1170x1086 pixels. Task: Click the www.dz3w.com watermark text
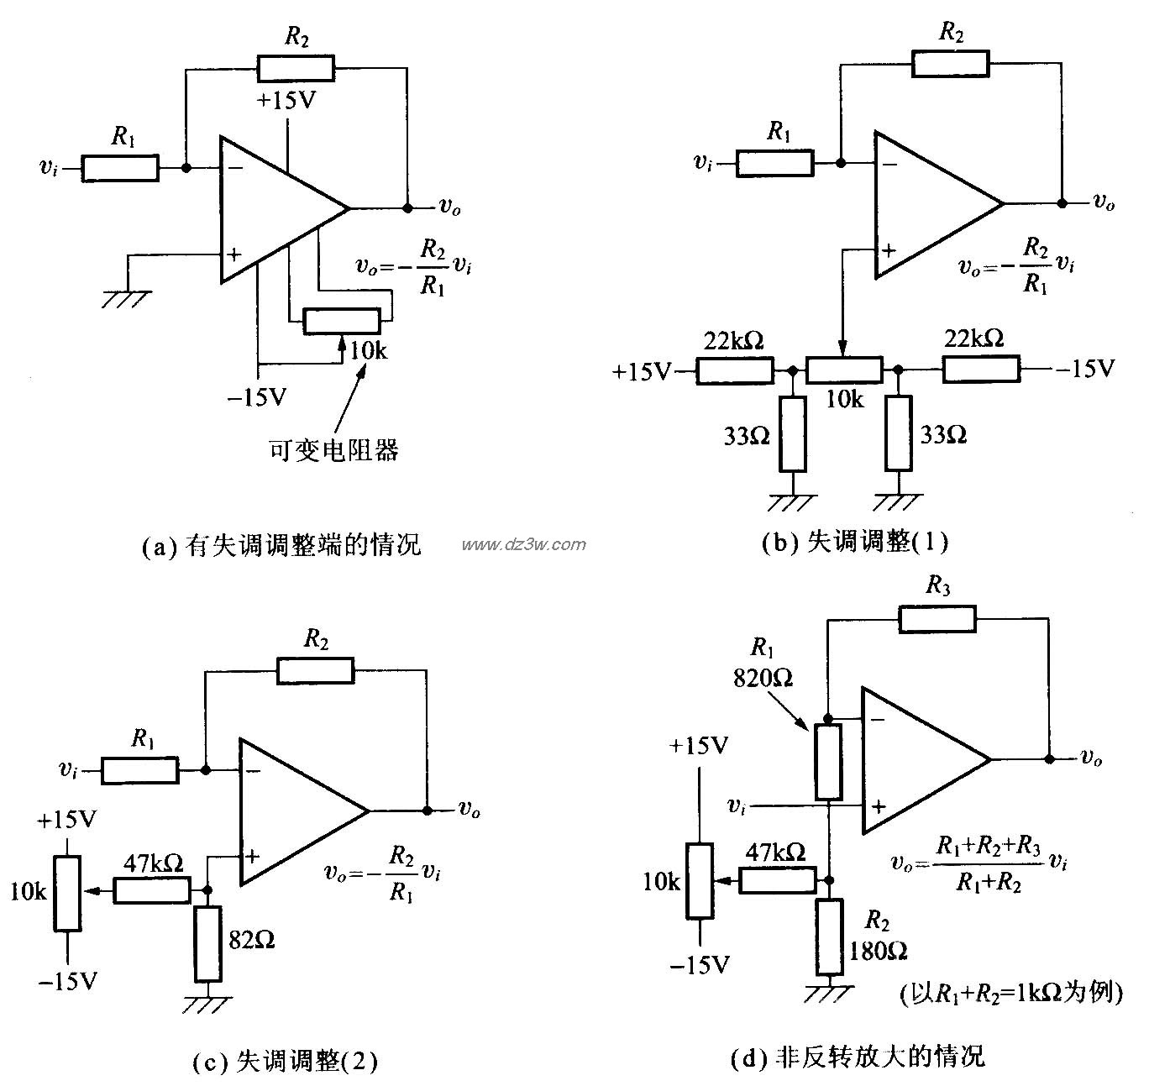point(523,544)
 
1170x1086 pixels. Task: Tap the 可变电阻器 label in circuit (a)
point(333,451)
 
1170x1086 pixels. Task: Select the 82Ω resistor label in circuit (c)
point(252,940)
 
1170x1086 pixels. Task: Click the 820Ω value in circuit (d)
point(763,677)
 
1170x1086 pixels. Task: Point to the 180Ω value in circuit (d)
point(878,950)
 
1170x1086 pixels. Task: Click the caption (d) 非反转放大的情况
point(857,1056)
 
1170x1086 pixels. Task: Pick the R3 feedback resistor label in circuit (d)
point(937,586)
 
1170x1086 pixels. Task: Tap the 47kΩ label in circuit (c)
point(154,863)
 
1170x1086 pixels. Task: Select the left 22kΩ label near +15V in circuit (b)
point(734,340)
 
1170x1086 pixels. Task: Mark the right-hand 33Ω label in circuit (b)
point(943,434)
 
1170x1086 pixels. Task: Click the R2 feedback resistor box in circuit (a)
point(295,68)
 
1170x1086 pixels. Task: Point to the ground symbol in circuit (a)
point(128,299)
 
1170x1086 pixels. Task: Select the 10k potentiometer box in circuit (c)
point(68,893)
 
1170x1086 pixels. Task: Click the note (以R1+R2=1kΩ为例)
point(1010,994)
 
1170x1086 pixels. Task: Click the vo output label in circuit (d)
point(1091,758)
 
